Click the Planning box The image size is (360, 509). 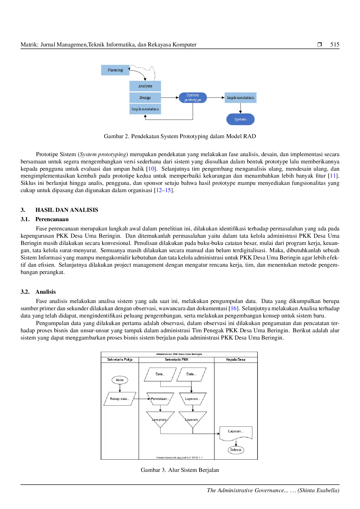(x=115, y=70)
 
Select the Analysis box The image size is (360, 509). (x=145, y=86)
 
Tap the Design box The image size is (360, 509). (x=145, y=98)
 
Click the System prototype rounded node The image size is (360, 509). (x=193, y=98)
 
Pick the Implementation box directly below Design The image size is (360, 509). (x=145, y=109)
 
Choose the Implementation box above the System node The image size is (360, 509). (x=240, y=98)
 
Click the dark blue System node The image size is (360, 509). (x=240, y=119)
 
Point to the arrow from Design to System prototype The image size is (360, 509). (x=170, y=98)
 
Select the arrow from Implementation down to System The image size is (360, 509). (x=240, y=108)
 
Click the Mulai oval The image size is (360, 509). (x=120, y=380)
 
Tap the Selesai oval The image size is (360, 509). (x=236, y=450)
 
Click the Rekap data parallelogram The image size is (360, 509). (x=120, y=399)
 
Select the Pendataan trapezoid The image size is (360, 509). (x=160, y=399)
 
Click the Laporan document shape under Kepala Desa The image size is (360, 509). (x=236, y=432)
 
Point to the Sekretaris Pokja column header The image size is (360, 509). (x=120, y=360)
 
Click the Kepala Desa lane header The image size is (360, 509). (x=236, y=360)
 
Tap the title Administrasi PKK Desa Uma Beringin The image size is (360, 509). (x=179, y=354)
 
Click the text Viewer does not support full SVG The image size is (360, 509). (x=179, y=458)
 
